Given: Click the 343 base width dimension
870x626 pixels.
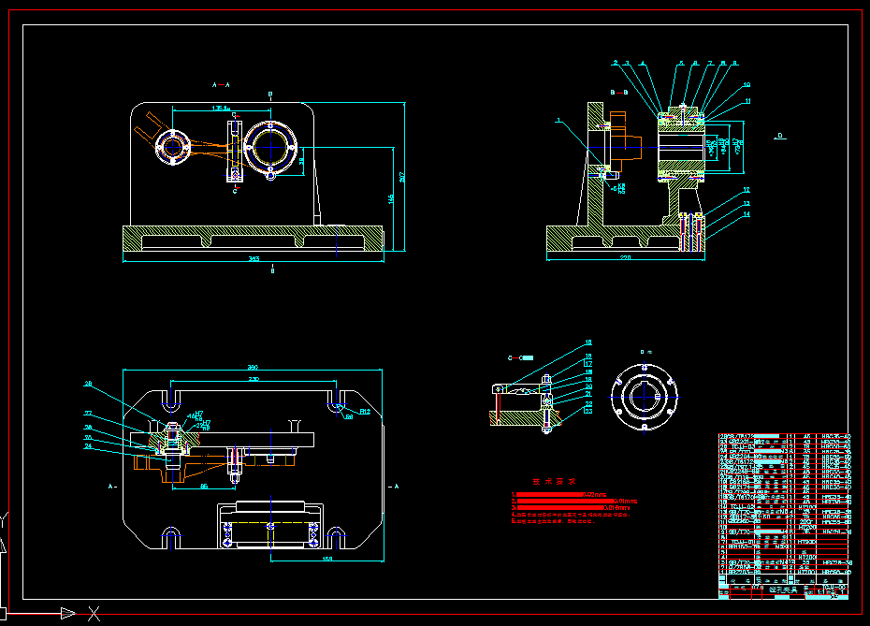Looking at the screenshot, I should tap(254, 257).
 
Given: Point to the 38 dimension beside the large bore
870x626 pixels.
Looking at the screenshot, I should tap(300, 160).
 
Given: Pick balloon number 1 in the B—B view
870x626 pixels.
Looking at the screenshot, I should tap(558, 120).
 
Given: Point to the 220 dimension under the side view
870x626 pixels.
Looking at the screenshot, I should tap(626, 256).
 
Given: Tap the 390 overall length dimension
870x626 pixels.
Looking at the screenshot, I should tap(252, 367).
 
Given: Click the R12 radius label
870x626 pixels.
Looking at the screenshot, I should tap(365, 411).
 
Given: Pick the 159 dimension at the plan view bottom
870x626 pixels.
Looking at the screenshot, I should tap(327, 559).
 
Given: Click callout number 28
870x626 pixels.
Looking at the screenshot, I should tap(88, 384).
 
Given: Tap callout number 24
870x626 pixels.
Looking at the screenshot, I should tap(88, 446).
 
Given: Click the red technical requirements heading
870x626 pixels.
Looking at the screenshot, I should tap(548, 482).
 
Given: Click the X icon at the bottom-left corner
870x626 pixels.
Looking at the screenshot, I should tap(94, 614).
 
